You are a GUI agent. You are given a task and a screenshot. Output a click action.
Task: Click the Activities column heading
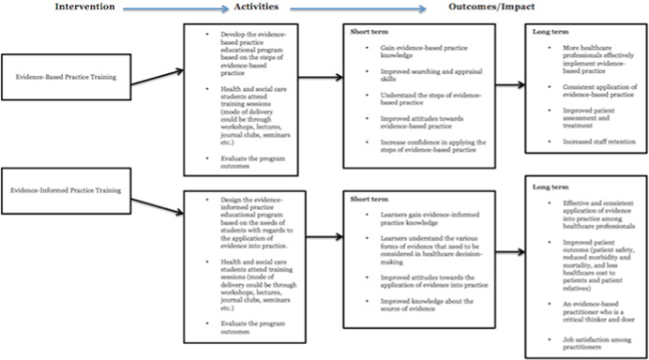click(x=253, y=7)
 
